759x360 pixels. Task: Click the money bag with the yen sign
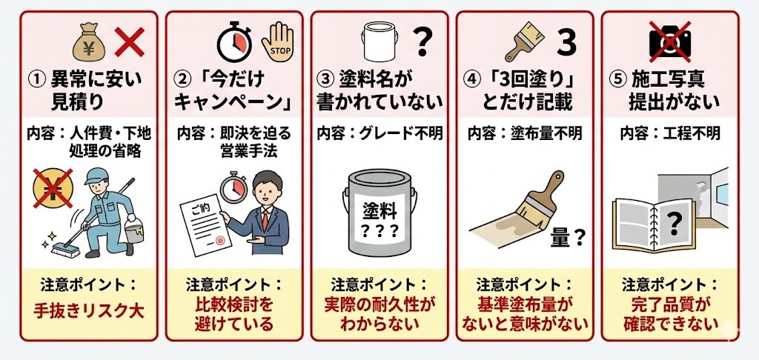[89, 44]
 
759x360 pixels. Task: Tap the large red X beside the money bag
[129, 42]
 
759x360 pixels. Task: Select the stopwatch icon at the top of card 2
[234, 41]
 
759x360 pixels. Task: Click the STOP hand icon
[277, 42]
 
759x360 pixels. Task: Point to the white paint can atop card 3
[379, 42]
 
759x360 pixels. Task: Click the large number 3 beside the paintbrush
[566, 42]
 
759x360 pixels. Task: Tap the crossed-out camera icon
[669, 41]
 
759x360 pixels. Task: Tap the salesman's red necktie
[265, 219]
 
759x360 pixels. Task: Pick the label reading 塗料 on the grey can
[380, 211]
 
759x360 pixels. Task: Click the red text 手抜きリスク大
[89, 310]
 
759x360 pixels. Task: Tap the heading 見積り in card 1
[77, 102]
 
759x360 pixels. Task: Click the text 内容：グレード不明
[379, 133]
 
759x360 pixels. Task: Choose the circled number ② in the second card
[182, 79]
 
